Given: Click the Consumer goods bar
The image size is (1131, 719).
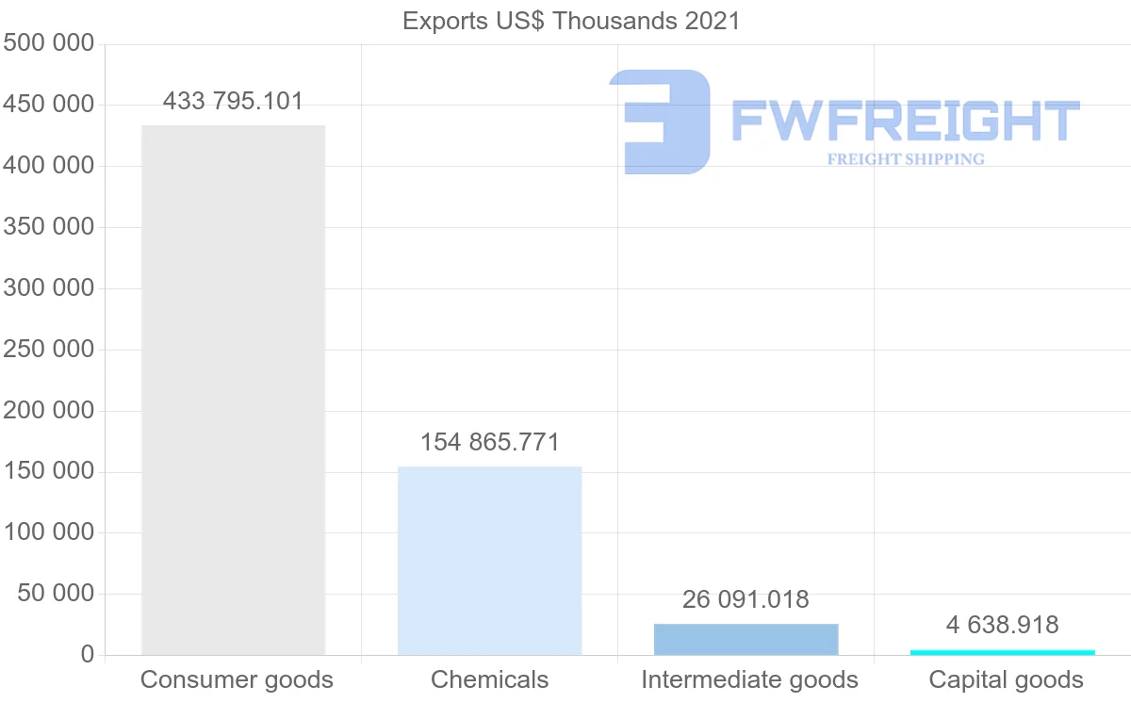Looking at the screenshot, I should coord(233,390).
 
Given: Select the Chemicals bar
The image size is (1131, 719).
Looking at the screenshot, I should coord(489,561).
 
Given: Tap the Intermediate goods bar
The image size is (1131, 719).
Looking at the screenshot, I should coord(746,639).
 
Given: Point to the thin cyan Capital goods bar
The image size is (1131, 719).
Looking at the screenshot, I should coord(1003,652).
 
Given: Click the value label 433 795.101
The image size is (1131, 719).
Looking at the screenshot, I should coord(233,101).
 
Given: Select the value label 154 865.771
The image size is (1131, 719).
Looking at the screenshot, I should coord(489,442).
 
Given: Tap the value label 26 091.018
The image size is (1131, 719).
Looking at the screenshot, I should coord(746,599).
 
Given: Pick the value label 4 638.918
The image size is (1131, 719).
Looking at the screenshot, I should coord(1003,625).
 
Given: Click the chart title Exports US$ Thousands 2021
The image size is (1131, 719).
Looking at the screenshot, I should coord(571,21).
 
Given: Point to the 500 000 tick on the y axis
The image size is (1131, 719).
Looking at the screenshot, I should coord(49,44).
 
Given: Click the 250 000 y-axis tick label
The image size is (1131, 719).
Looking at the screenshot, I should coord(49,350).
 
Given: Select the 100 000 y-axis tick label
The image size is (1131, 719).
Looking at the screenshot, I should coord(49,532).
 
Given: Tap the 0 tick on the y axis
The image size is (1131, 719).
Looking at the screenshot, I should coord(88,655).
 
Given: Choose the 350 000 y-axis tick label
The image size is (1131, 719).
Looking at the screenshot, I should coord(49,227).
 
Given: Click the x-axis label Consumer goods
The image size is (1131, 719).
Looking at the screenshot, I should coord(237,679).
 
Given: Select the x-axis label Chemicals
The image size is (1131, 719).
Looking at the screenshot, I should coord(489,679).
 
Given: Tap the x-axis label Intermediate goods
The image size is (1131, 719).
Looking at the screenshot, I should coord(749,679).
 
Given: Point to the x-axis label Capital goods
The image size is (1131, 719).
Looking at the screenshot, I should coord(1006,679).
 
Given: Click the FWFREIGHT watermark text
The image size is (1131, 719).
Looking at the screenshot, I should coord(905,122).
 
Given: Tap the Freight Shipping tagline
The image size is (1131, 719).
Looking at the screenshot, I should coord(905,159).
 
